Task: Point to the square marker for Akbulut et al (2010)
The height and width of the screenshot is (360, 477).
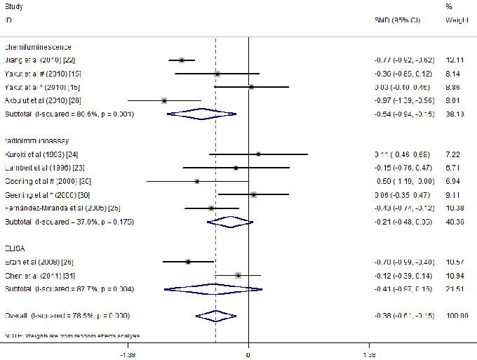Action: (x=164, y=100)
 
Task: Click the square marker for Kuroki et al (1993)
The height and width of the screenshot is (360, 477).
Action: (x=258, y=154)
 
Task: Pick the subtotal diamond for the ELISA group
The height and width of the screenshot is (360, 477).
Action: (x=213, y=288)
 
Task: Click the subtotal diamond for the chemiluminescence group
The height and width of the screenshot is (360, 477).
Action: (x=201, y=114)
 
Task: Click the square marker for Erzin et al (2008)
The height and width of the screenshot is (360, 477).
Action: (x=188, y=261)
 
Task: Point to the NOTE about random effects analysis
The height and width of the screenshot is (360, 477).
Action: (x=72, y=335)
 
